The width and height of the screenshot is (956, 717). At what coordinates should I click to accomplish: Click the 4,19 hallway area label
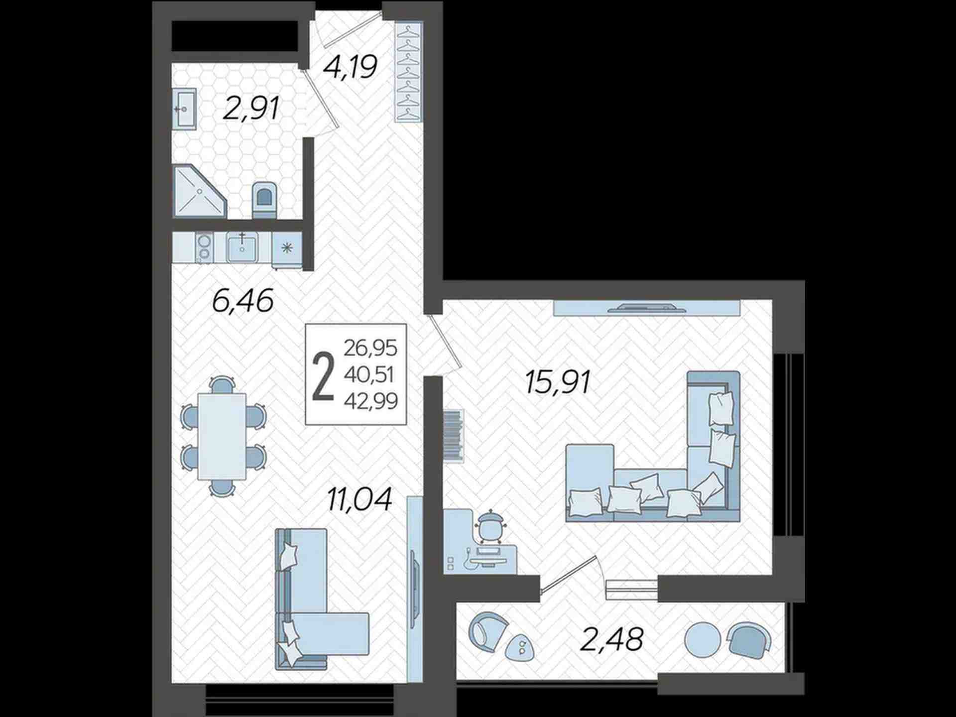click(350, 67)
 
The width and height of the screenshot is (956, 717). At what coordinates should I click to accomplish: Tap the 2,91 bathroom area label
click(251, 109)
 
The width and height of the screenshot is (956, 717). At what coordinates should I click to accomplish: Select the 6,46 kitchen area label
click(243, 301)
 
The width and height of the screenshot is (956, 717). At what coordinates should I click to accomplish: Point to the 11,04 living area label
click(359, 499)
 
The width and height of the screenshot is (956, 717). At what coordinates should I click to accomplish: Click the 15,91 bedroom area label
click(558, 382)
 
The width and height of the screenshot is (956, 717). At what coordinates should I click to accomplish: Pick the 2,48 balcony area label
click(612, 639)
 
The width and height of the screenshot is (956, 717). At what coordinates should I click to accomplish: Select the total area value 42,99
click(370, 401)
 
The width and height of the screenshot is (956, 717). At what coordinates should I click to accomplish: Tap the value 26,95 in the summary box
click(370, 348)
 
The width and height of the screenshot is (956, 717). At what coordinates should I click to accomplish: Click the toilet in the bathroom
click(264, 200)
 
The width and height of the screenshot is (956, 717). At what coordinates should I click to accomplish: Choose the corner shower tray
click(199, 191)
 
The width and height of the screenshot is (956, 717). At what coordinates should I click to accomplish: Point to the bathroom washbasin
click(184, 109)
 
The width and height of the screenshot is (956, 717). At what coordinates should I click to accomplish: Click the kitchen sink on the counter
click(242, 248)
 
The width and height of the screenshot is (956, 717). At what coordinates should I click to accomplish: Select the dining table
click(222, 436)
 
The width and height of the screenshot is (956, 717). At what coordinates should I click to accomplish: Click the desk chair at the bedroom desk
click(490, 526)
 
